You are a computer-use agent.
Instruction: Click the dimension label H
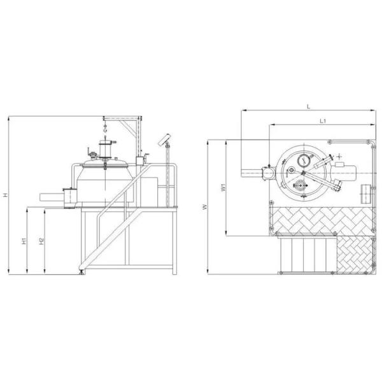[x=5, y=195]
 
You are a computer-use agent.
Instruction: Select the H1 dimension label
[x=24, y=241]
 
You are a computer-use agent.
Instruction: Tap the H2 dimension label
[x=41, y=241]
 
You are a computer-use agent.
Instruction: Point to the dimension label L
[x=308, y=106]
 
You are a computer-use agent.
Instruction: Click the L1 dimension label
[x=323, y=121]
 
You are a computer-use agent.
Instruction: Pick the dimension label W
[x=205, y=207]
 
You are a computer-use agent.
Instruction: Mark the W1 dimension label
[x=223, y=188]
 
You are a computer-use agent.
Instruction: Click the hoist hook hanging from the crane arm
[x=105, y=128]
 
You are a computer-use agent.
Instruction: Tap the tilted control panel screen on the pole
[x=165, y=139]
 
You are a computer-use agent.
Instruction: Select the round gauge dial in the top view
[x=304, y=160]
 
